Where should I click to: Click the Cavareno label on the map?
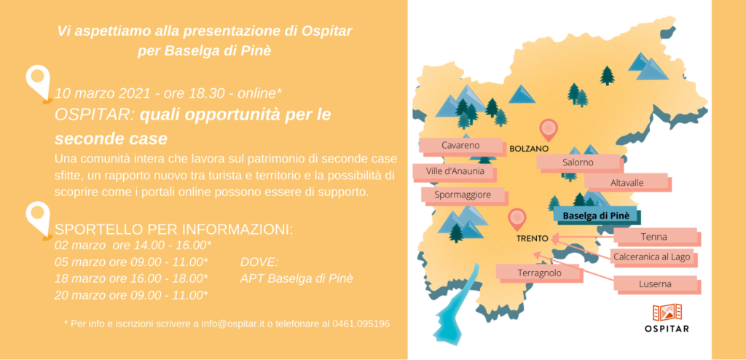click(460, 146)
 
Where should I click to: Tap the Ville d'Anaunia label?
click(455, 171)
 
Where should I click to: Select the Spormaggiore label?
click(463, 195)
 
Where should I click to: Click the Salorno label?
click(578, 163)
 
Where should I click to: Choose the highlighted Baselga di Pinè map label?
click(596, 216)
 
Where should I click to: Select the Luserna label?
click(655, 284)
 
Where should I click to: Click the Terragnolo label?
click(540, 273)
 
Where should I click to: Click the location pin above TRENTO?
click(517, 220)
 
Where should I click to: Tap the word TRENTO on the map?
click(532, 238)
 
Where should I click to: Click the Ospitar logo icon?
click(667, 313)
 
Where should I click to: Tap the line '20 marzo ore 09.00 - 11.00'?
click(131, 295)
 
